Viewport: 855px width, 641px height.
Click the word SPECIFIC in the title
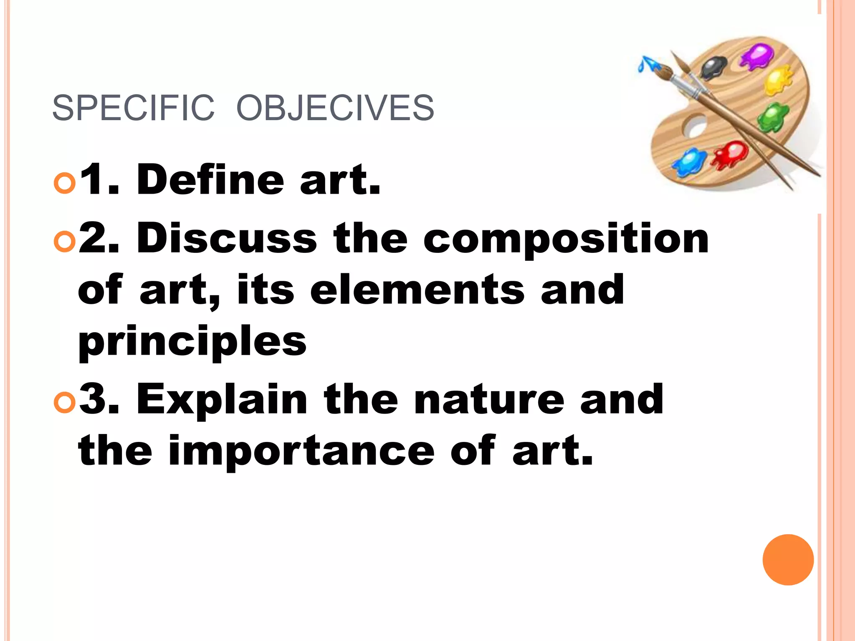(x=133, y=108)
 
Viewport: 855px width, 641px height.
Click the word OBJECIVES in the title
(x=335, y=108)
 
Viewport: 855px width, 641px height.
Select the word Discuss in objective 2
(x=227, y=238)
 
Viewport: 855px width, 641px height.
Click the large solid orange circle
(x=788, y=560)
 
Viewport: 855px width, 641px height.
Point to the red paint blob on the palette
(x=730, y=154)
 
